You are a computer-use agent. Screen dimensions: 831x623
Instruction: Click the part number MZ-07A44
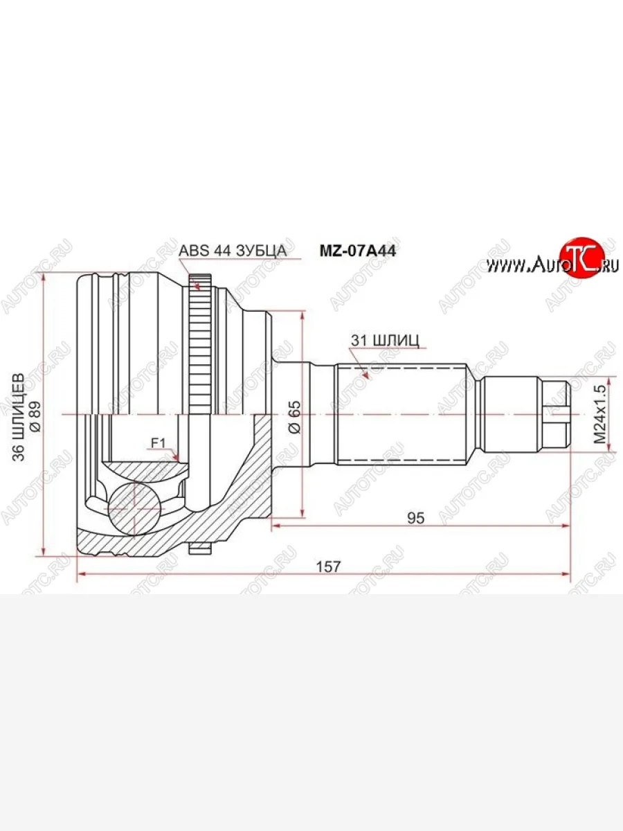coord(356,251)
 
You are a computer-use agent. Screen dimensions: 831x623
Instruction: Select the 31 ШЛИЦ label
coord(386,340)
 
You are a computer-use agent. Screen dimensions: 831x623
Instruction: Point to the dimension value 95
coord(416,517)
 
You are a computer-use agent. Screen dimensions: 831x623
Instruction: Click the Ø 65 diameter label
coord(294,416)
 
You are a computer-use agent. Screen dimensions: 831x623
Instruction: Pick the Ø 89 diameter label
coord(36,416)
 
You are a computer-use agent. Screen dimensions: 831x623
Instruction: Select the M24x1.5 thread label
coord(599,415)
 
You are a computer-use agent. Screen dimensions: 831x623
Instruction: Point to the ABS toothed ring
coord(199,346)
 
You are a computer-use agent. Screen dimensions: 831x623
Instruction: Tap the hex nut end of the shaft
coord(556,414)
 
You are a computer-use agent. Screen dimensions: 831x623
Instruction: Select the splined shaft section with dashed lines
coord(401,414)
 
